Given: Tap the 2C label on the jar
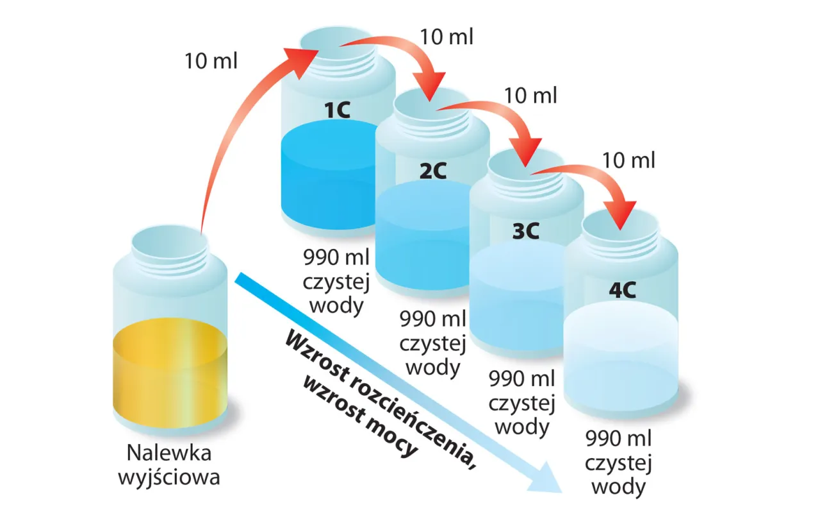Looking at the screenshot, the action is pos(432,170).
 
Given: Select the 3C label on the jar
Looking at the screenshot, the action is pos(527,231).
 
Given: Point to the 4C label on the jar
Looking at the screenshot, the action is pos(621,290).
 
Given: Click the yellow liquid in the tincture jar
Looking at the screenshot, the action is pos(169,372).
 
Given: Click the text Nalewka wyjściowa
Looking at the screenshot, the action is pos(169,465).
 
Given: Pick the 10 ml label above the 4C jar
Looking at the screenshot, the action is pos(629,160).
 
